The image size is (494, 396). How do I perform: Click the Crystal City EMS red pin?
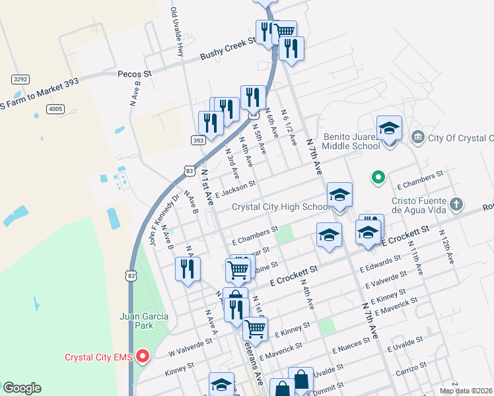142,358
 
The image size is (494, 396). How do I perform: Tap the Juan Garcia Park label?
144,320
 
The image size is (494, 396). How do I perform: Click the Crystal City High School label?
281,207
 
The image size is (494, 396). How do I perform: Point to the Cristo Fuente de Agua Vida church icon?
456,204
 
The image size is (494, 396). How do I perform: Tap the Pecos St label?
135,75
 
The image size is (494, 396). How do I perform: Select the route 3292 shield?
20,79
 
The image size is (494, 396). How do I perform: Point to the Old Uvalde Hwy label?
177,31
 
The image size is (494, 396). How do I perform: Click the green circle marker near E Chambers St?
378,177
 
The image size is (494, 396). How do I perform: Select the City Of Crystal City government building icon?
417,137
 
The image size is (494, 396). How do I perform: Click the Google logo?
22,388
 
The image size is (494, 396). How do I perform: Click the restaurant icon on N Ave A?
188,269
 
